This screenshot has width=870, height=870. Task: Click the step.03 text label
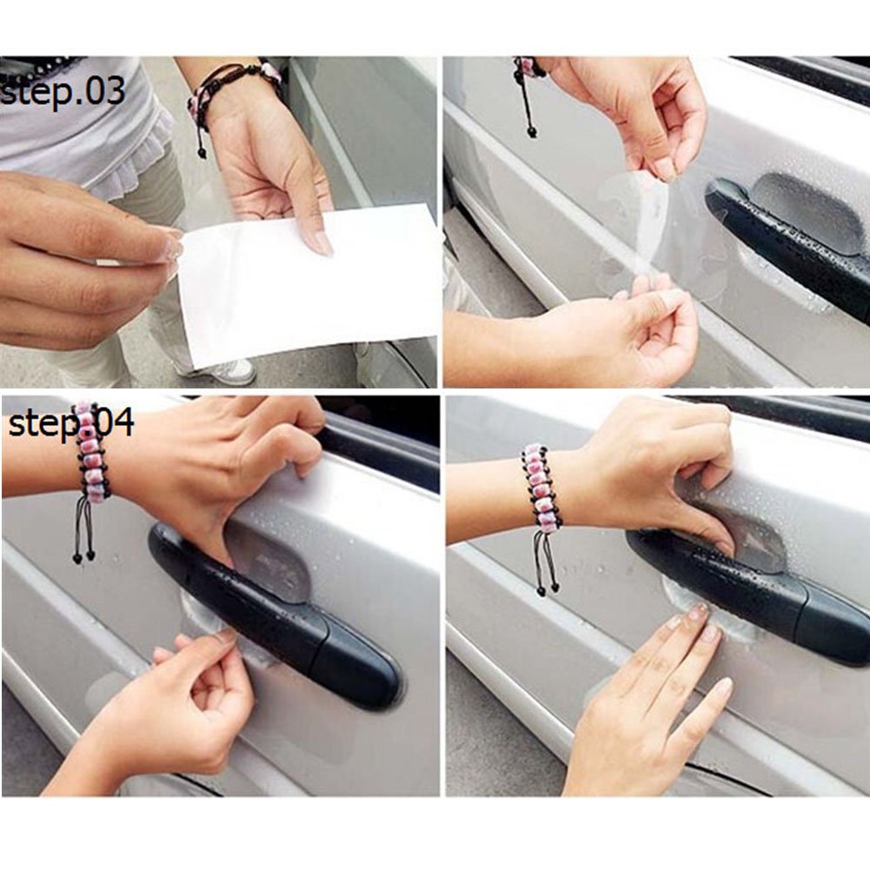pyautogui.click(x=63, y=91)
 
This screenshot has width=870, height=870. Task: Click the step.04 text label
pyautogui.click(x=71, y=424)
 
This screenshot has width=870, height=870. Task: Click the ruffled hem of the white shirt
pyautogui.click(x=139, y=161)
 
